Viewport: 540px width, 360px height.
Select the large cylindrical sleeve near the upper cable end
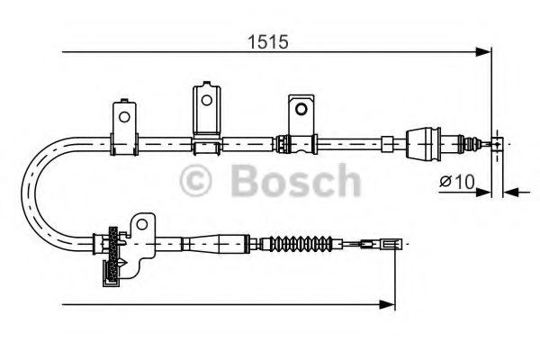423,141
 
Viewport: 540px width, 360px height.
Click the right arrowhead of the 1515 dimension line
487,53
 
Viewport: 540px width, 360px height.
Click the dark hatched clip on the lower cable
112,256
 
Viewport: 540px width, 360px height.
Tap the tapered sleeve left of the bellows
221,242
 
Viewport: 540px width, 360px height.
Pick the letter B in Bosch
247,181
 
